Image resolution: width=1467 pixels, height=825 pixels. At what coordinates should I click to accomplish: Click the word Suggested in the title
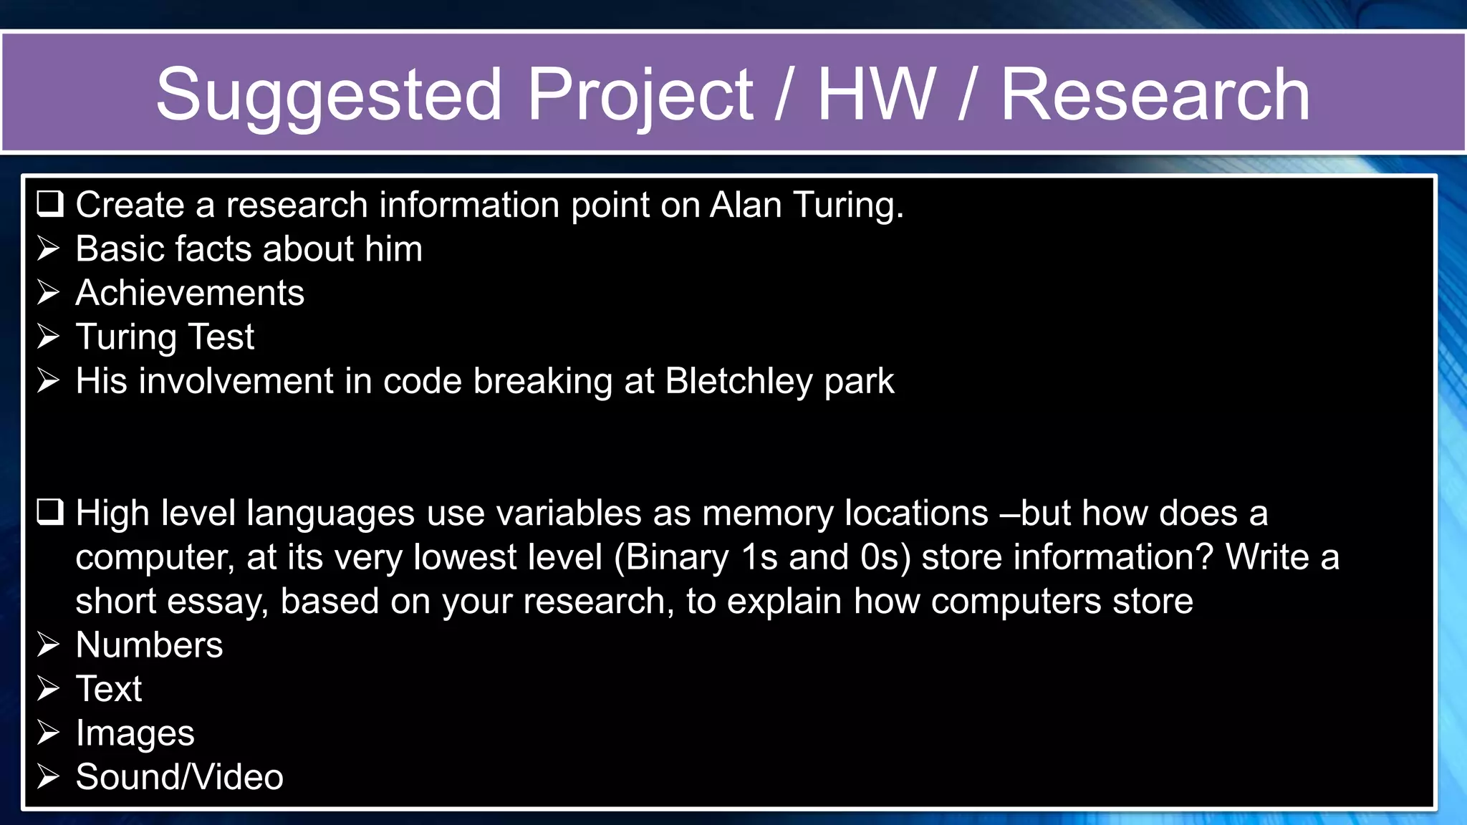328,95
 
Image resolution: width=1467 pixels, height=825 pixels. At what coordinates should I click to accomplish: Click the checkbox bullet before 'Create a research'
50,204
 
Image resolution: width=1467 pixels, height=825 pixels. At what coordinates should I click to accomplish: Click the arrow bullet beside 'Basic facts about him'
49,249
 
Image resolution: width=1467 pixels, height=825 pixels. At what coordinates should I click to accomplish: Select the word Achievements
190,293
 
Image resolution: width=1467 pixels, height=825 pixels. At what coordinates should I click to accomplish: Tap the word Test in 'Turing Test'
221,337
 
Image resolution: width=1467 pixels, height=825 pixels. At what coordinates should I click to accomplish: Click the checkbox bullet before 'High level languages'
50,513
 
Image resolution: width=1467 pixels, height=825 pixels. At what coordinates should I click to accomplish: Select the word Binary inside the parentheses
677,557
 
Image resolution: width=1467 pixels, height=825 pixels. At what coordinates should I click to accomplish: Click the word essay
218,602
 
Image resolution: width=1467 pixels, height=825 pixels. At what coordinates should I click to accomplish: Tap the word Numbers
149,645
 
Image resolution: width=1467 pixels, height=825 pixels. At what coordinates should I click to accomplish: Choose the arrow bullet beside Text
49,689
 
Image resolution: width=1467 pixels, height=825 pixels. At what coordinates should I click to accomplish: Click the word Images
135,733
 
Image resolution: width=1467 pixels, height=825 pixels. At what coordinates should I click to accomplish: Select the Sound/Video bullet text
179,777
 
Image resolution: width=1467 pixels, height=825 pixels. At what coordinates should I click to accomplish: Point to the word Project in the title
640,95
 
